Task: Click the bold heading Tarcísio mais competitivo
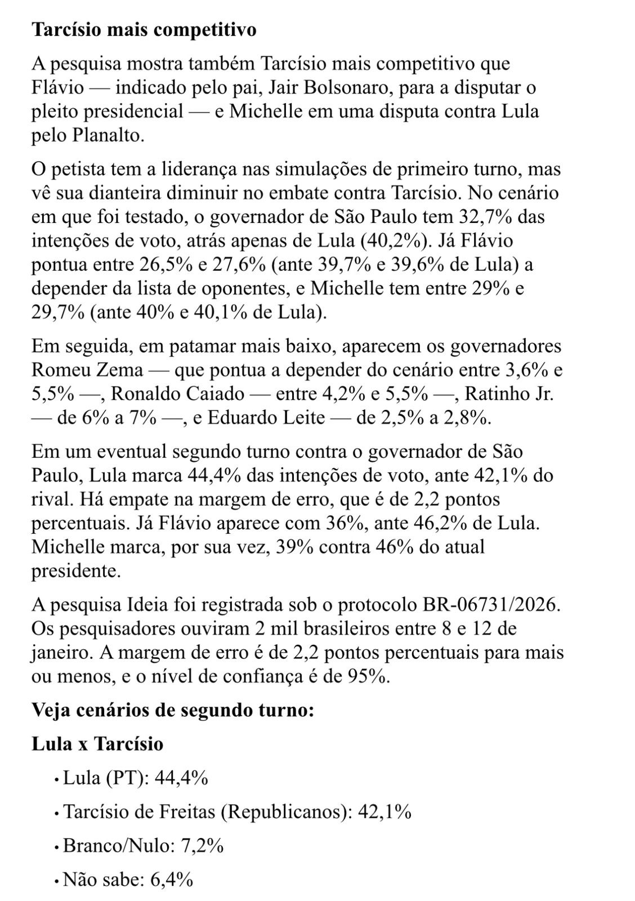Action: click(x=144, y=29)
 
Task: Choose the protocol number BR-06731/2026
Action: click(x=491, y=604)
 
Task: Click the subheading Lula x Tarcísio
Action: click(x=97, y=744)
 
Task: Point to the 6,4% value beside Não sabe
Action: click(x=171, y=880)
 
